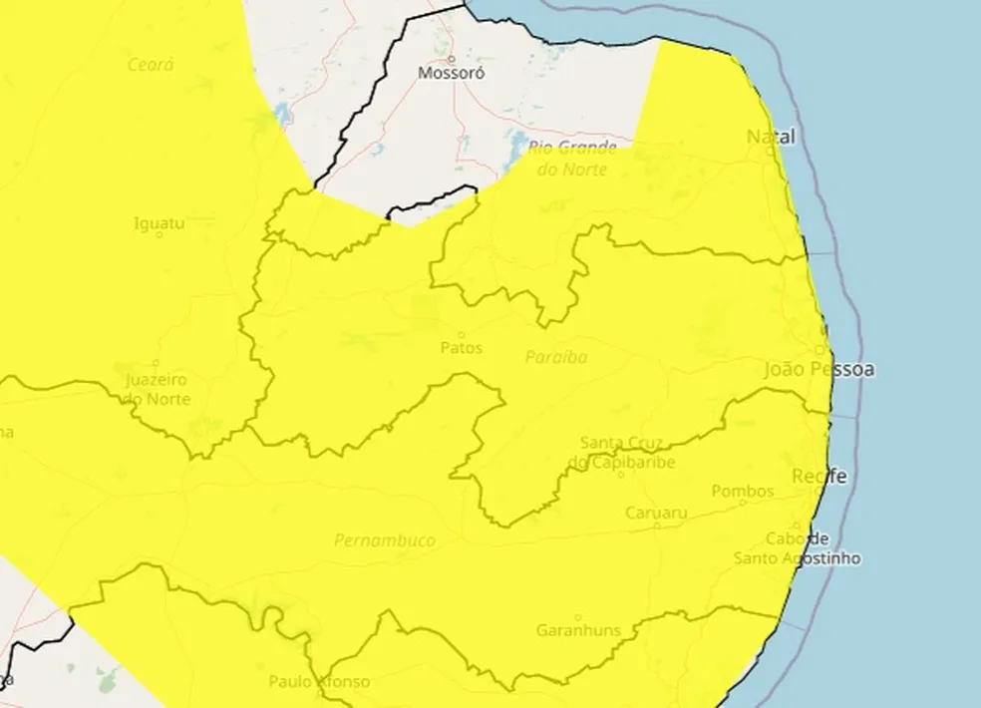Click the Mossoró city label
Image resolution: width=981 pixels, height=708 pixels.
(x=451, y=73)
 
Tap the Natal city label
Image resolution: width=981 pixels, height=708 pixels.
(x=772, y=138)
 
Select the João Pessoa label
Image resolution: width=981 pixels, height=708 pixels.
(x=819, y=370)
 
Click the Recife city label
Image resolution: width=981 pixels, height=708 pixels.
(x=819, y=478)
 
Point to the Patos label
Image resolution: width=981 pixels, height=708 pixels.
(x=461, y=348)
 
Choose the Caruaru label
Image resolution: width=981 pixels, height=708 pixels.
(x=656, y=513)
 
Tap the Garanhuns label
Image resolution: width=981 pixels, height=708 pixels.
(x=578, y=630)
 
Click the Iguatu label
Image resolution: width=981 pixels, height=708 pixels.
(x=160, y=224)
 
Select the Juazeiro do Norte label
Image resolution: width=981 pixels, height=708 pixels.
(x=157, y=390)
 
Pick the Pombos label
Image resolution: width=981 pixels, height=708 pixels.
(x=743, y=491)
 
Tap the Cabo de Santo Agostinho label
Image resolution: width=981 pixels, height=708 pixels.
(x=798, y=548)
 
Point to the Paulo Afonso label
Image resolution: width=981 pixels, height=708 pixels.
(x=319, y=682)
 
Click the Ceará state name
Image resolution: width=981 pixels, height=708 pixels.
(x=151, y=65)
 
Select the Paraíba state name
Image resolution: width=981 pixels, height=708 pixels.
(x=556, y=357)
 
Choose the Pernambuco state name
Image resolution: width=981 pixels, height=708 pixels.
(x=385, y=540)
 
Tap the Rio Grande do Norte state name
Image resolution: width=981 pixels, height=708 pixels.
(x=573, y=159)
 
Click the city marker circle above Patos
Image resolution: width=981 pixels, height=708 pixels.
(x=461, y=335)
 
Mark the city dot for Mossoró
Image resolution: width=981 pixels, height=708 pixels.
(x=451, y=59)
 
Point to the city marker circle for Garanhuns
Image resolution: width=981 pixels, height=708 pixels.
(x=578, y=617)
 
